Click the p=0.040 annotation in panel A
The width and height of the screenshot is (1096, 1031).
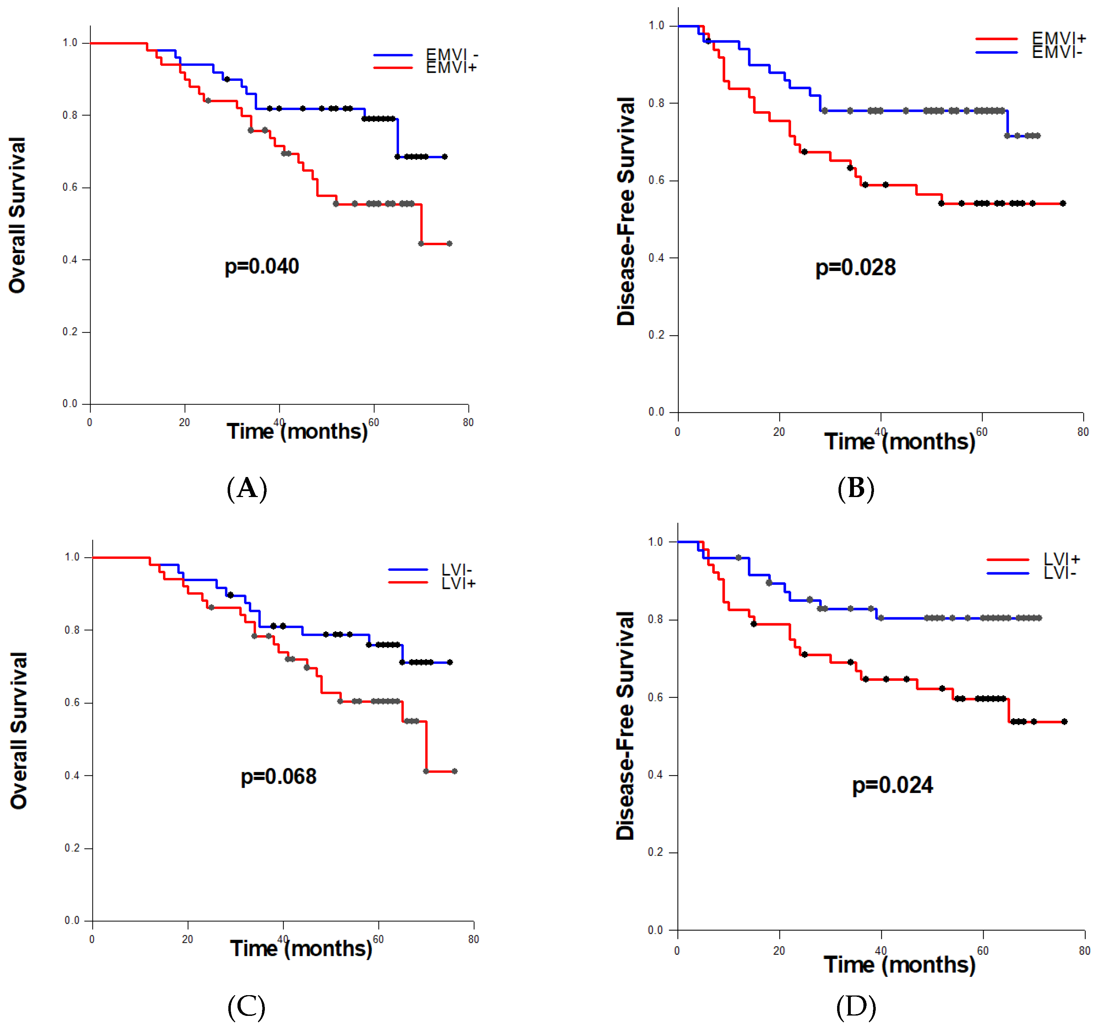pos(261,266)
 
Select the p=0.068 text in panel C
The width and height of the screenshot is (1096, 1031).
pos(279,777)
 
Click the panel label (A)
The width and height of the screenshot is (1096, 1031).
pos(247,488)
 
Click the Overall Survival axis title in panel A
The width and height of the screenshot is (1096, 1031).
pos(17,215)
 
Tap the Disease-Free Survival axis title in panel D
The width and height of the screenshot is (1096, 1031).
pos(625,726)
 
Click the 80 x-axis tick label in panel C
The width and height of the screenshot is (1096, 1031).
pos(474,939)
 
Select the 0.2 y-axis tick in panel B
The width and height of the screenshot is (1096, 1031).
pos(656,335)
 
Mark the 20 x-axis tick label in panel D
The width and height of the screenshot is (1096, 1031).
pos(778,951)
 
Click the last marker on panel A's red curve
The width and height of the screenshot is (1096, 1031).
pos(449,243)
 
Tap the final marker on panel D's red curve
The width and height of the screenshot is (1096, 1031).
pos(1064,722)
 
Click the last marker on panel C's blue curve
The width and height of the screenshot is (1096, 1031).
pos(450,662)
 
